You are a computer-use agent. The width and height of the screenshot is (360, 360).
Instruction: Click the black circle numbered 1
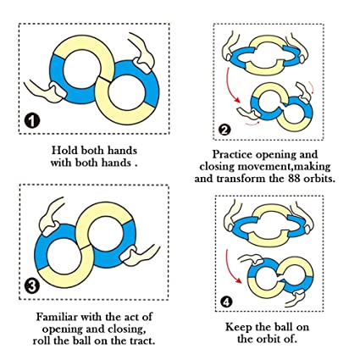coord(32,121)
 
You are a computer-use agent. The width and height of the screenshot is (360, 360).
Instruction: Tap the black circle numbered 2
coord(224,130)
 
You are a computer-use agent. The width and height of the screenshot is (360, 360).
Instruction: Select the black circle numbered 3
coord(31,286)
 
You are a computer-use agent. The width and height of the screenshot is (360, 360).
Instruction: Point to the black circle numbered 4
coord(226,302)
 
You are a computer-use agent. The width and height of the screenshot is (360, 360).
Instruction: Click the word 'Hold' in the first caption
coord(64,150)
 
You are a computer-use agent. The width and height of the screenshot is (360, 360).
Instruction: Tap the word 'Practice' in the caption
coord(232,154)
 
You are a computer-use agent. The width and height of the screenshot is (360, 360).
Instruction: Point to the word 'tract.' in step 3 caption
coord(140,341)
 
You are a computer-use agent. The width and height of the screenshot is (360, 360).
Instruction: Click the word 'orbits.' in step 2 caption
coord(319,179)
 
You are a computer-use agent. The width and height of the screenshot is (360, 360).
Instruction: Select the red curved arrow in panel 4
coord(231,267)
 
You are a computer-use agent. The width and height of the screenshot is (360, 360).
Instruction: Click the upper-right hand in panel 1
coord(142,53)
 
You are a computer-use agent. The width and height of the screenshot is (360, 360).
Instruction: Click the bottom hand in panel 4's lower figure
coord(296,298)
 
